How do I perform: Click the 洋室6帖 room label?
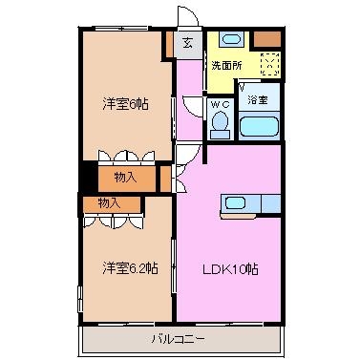click(x=125, y=104)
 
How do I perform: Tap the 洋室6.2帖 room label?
click(x=130, y=268)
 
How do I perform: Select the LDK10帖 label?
click(x=230, y=269)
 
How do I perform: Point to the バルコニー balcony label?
click(x=178, y=339)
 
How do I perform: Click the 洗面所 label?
click(x=227, y=66)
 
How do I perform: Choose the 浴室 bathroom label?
click(x=258, y=100)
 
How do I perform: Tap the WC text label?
click(x=220, y=104)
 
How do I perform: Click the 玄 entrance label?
click(x=188, y=42)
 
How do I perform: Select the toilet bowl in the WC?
click(x=220, y=124)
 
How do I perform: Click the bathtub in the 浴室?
click(x=259, y=126)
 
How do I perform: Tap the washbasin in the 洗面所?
click(x=232, y=39)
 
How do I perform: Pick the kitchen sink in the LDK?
click(x=235, y=202)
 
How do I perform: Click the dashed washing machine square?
click(x=270, y=64)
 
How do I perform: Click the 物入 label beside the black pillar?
click(x=125, y=178)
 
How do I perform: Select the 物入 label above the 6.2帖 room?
click(x=109, y=203)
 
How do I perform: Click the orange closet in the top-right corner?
click(x=267, y=39)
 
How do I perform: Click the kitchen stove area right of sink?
click(x=271, y=204)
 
